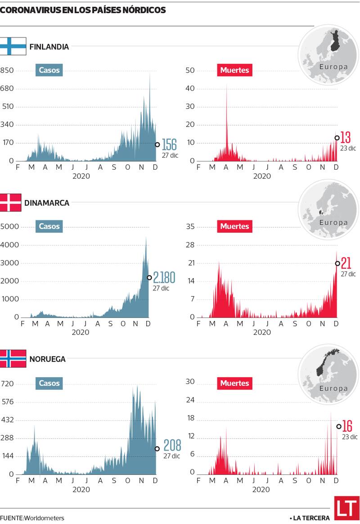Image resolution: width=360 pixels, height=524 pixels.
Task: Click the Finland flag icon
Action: [13, 46]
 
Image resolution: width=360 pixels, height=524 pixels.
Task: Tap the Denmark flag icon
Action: [11, 203]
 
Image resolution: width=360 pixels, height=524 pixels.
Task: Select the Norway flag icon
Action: [13, 359]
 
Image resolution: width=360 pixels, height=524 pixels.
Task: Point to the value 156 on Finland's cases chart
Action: [169, 145]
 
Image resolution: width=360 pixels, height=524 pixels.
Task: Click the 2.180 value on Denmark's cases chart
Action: [164, 277]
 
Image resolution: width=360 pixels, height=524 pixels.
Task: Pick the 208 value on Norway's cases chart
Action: [172, 445]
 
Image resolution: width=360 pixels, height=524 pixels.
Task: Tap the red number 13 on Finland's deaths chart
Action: [346, 137]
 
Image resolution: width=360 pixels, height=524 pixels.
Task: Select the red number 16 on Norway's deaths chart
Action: [347, 425]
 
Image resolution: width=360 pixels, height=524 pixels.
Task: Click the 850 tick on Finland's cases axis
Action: [7, 70]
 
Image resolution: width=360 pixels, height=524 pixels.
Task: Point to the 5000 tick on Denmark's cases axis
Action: [9, 226]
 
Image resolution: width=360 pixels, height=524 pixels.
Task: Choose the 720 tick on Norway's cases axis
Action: [8, 384]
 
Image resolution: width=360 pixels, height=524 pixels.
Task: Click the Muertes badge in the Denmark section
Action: [234, 226]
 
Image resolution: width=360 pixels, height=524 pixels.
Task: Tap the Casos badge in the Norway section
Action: [49, 383]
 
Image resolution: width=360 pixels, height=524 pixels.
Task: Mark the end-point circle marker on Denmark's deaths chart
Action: [337, 263]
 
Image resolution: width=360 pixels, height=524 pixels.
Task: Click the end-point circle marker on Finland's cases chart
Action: [157, 145]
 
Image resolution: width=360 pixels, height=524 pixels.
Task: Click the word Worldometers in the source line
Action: [44, 518]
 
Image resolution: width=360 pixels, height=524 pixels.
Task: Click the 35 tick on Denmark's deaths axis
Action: [190, 226]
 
